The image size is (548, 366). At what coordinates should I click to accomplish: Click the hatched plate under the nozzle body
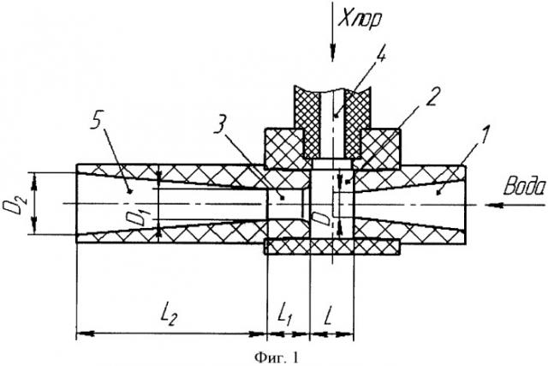coord(334,248)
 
